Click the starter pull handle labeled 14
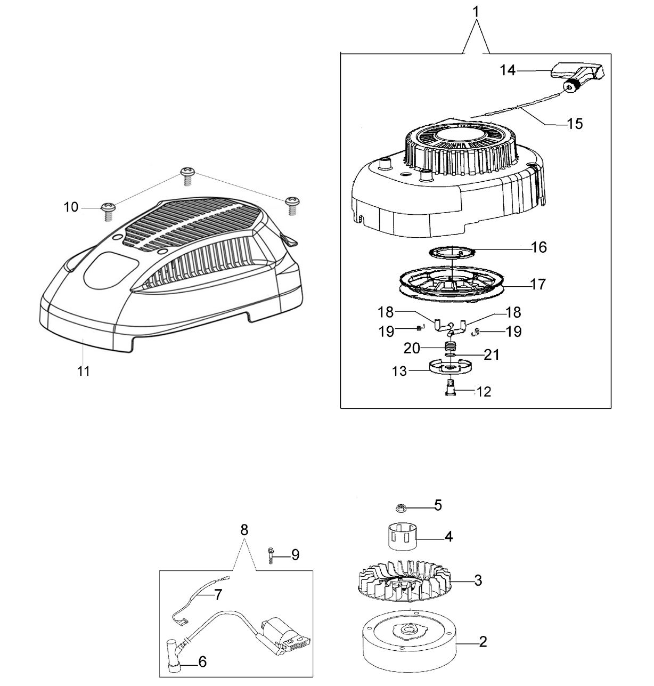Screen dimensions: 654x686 click(x=578, y=76)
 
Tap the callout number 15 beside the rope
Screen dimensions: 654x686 click(x=575, y=124)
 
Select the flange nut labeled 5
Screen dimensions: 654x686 click(x=402, y=509)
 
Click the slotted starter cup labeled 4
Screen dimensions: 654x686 click(x=403, y=536)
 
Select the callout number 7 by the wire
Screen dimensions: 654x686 click(x=218, y=594)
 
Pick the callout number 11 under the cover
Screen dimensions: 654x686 click(x=84, y=372)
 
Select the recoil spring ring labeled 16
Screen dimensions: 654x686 click(x=452, y=252)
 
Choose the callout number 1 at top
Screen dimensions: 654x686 click(x=476, y=12)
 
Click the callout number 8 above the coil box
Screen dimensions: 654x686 click(x=244, y=530)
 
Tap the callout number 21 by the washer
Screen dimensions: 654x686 click(x=492, y=354)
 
